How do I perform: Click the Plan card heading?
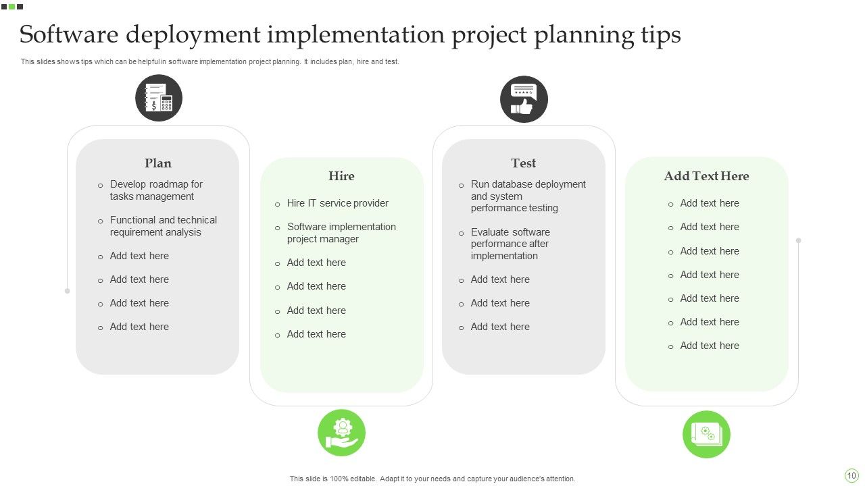pos(158,163)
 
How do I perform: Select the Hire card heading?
pos(341,176)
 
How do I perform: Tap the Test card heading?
pos(524,163)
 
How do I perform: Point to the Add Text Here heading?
pos(706,176)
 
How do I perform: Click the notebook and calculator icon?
pos(159,99)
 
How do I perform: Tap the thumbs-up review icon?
pos(524,99)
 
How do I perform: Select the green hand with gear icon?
pos(341,433)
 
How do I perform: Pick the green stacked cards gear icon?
pos(706,433)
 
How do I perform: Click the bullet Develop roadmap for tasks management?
pos(156,190)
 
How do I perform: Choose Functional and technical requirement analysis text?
pos(164,226)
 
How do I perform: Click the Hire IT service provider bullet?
pos(337,203)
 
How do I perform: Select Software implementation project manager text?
pos(341,233)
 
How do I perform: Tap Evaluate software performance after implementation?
pos(510,244)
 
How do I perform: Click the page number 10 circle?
pos(851,475)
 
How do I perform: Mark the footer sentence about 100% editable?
pos(432,479)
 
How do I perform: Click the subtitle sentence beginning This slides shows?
pos(209,61)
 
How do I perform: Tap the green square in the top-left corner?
pos(12,7)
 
